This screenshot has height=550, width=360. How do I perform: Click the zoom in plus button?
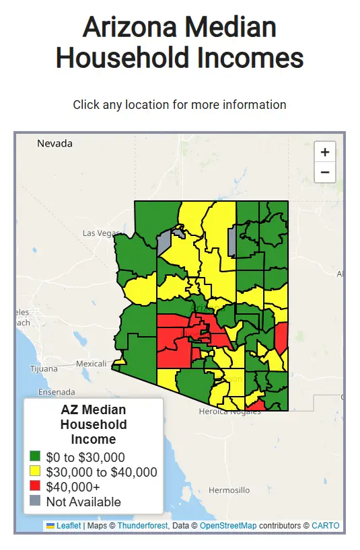325,152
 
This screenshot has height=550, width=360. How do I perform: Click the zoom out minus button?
325,172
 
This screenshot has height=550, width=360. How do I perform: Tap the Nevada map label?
55,143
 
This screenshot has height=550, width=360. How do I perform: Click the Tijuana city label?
44,368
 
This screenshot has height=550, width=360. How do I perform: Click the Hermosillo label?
229,490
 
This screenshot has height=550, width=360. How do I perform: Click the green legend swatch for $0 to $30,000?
35,457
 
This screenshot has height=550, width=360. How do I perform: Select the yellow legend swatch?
35,472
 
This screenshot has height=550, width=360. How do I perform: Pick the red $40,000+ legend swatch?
35,487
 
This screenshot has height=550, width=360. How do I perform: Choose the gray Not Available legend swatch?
35,502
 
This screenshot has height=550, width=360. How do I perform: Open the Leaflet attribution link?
68,526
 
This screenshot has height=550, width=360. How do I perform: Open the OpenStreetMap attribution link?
228,526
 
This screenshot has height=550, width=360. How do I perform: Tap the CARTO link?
326,526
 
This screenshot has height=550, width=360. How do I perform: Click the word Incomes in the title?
251,58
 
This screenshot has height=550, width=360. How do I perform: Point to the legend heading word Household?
94,424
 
